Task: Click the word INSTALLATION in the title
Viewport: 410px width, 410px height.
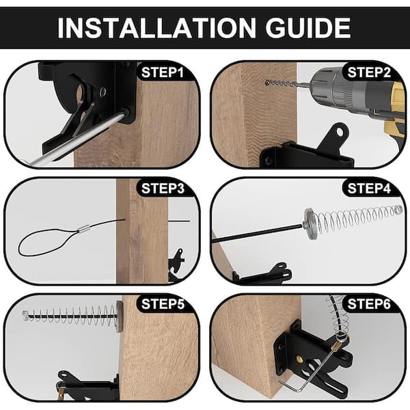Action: click(156, 28)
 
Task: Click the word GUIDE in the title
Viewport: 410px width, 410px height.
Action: click(307, 28)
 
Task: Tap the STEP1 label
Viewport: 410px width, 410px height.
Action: click(163, 72)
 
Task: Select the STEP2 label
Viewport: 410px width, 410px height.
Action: click(369, 72)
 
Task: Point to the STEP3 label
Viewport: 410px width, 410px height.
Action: click(163, 189)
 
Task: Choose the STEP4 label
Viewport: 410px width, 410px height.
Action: click(369, 189)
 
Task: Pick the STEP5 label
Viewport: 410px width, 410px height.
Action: click(163, 304)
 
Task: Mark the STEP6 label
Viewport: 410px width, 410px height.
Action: click(369, 304)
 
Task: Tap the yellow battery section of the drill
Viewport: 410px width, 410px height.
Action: click(395, 110)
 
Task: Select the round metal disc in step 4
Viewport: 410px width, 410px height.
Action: click(310, 223)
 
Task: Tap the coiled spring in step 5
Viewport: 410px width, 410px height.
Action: click(70, 315)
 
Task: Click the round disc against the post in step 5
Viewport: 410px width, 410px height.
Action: click(120, 316)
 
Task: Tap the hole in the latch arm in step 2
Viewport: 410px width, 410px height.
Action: click(340, 132)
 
